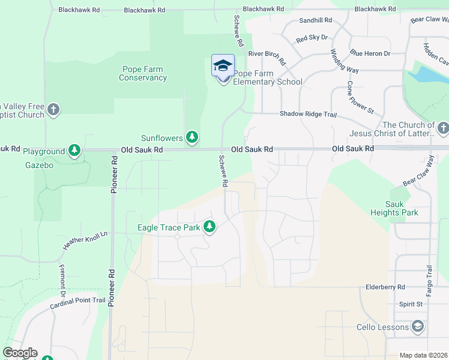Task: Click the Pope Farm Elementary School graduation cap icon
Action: (x=223, y=65)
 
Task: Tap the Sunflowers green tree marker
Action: (x=192, y=138)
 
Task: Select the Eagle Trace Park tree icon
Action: (x=209, y=227)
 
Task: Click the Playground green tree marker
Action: (x=74, y=150)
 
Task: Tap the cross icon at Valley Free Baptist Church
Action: (x=53, y=110)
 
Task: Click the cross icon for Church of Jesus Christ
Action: (x=442, y=128)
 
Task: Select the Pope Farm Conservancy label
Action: (x=143, y=73)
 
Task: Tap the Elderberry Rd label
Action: (x=385, y=287)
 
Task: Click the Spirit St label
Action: (x=411, y=304)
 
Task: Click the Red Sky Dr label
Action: (x=312, y=38)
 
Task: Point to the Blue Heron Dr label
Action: (x=370, y=53)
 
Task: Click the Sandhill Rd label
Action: (x=315, y=20)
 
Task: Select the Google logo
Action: (x=20, y=353)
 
